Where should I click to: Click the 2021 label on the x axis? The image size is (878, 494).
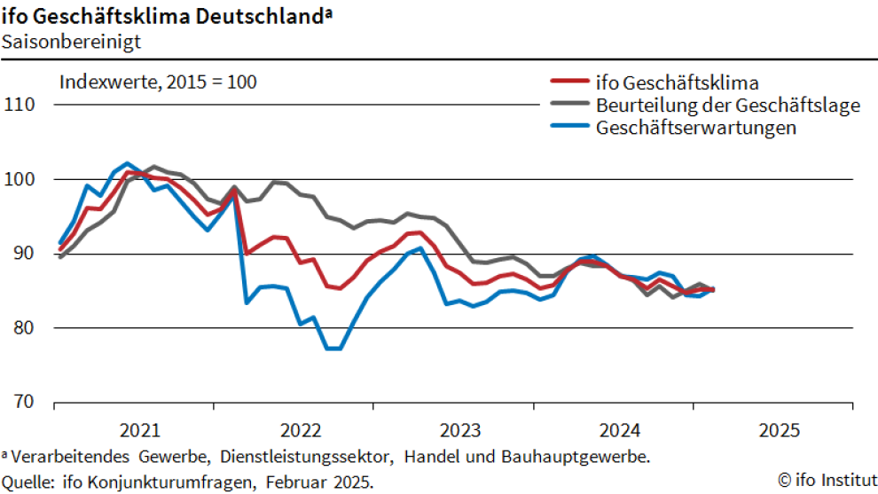tap(139, 431)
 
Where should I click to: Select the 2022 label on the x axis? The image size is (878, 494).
tap(300, 431)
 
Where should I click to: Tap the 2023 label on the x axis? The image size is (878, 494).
tap(459, 431)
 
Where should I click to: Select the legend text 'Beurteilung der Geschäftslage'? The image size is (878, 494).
tap(728, 106)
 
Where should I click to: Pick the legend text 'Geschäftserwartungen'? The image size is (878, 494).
tap(696, 128)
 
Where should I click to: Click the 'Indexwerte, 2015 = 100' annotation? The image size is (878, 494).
tap(158, 82)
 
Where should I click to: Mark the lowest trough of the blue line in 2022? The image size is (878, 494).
tap(334, 349)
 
